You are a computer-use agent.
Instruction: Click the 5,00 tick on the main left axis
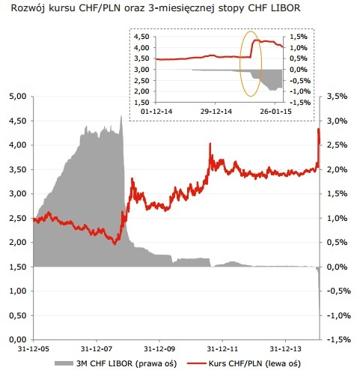pyautogui.click(x=17, y=96)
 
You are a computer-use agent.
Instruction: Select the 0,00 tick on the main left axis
pyautogui.click(x=17, y=339)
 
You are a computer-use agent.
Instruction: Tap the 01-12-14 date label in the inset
pyautogui.click(x=158, y=110)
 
